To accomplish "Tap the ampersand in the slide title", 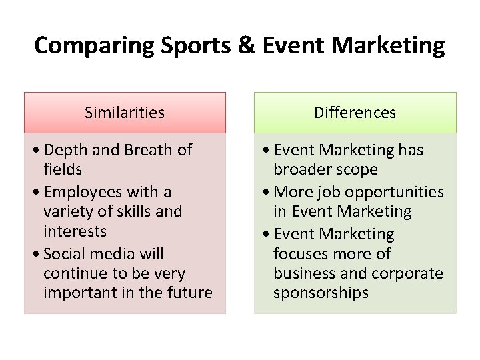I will [245, 45].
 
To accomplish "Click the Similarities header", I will [125, 113].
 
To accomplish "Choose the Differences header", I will [355, 113].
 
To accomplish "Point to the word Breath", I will [151, 150].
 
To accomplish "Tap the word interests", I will [75, 231].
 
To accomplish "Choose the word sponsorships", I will [321, 293].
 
